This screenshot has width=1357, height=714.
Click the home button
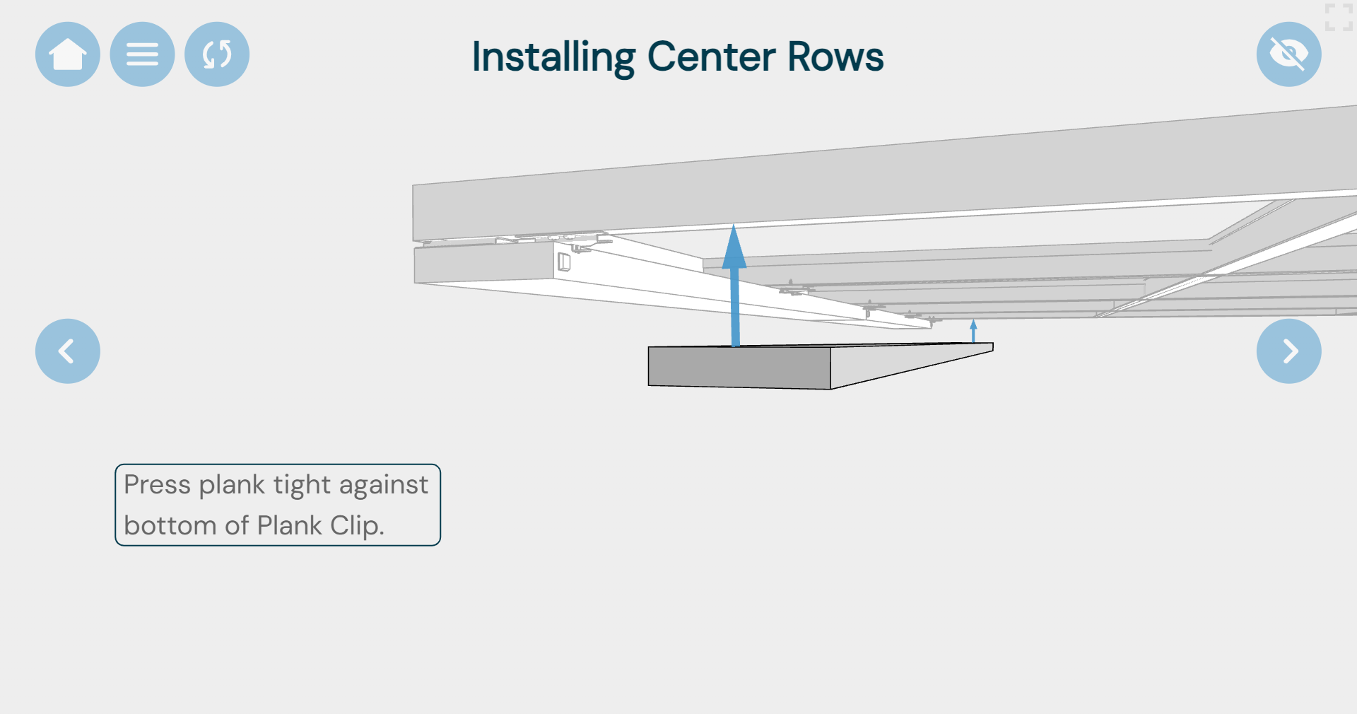(68, 54)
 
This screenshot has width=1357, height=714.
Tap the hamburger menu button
(142, 54)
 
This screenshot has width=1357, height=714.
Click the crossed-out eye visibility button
(1288, 54)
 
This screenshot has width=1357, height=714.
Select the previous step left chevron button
(68, 351)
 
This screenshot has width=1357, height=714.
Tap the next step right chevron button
(1288, 351)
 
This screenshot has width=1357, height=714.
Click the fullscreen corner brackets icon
(1338, 17)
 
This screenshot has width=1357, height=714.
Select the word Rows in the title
(835, 57)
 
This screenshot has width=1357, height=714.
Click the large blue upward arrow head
(734, 247)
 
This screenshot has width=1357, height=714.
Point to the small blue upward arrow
(973, 329)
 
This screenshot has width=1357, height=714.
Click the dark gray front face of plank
(739, 367)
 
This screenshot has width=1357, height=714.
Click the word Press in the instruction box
(157, 485)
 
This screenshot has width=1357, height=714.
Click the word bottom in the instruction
(170, 526)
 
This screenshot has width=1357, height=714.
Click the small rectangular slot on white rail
(564, 262)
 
